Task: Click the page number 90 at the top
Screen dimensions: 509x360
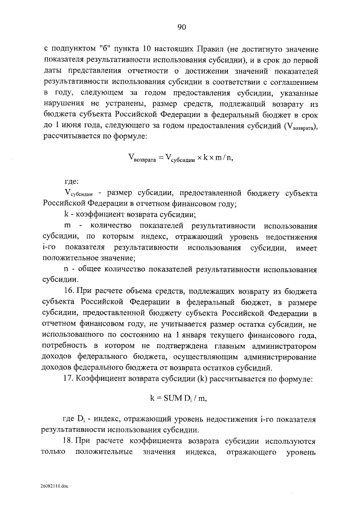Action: click(x=181, y=26)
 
